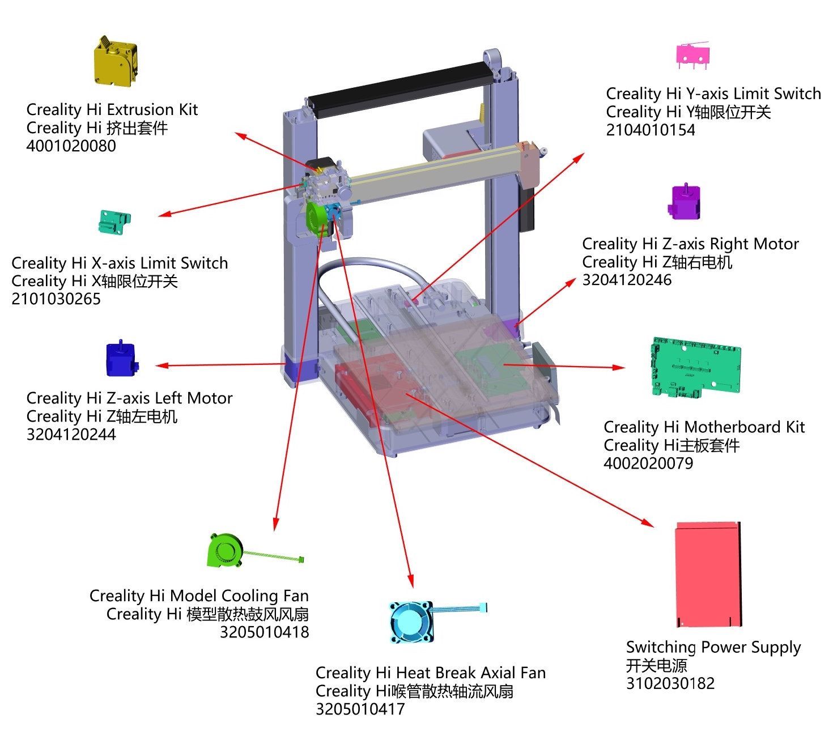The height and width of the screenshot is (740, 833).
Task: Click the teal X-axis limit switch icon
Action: pos(114,222)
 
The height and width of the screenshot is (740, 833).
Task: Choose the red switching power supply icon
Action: pos(708,575)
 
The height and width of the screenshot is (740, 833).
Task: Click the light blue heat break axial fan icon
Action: pos(412,622)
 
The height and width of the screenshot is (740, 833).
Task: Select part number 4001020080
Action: pos(71,146)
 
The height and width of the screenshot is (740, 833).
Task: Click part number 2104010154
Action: pos(650,130)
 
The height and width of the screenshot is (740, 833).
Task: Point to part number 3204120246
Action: pos(626,280)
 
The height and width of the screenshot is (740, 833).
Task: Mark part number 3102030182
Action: pos(670,683)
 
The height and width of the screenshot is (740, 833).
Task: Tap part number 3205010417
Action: pos(360,709)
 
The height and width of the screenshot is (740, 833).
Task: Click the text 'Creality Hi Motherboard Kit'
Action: pos(704,427)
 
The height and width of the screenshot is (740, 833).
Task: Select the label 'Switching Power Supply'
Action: pos(713,647)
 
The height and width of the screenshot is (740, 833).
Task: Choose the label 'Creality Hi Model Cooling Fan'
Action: pos(199,596)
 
